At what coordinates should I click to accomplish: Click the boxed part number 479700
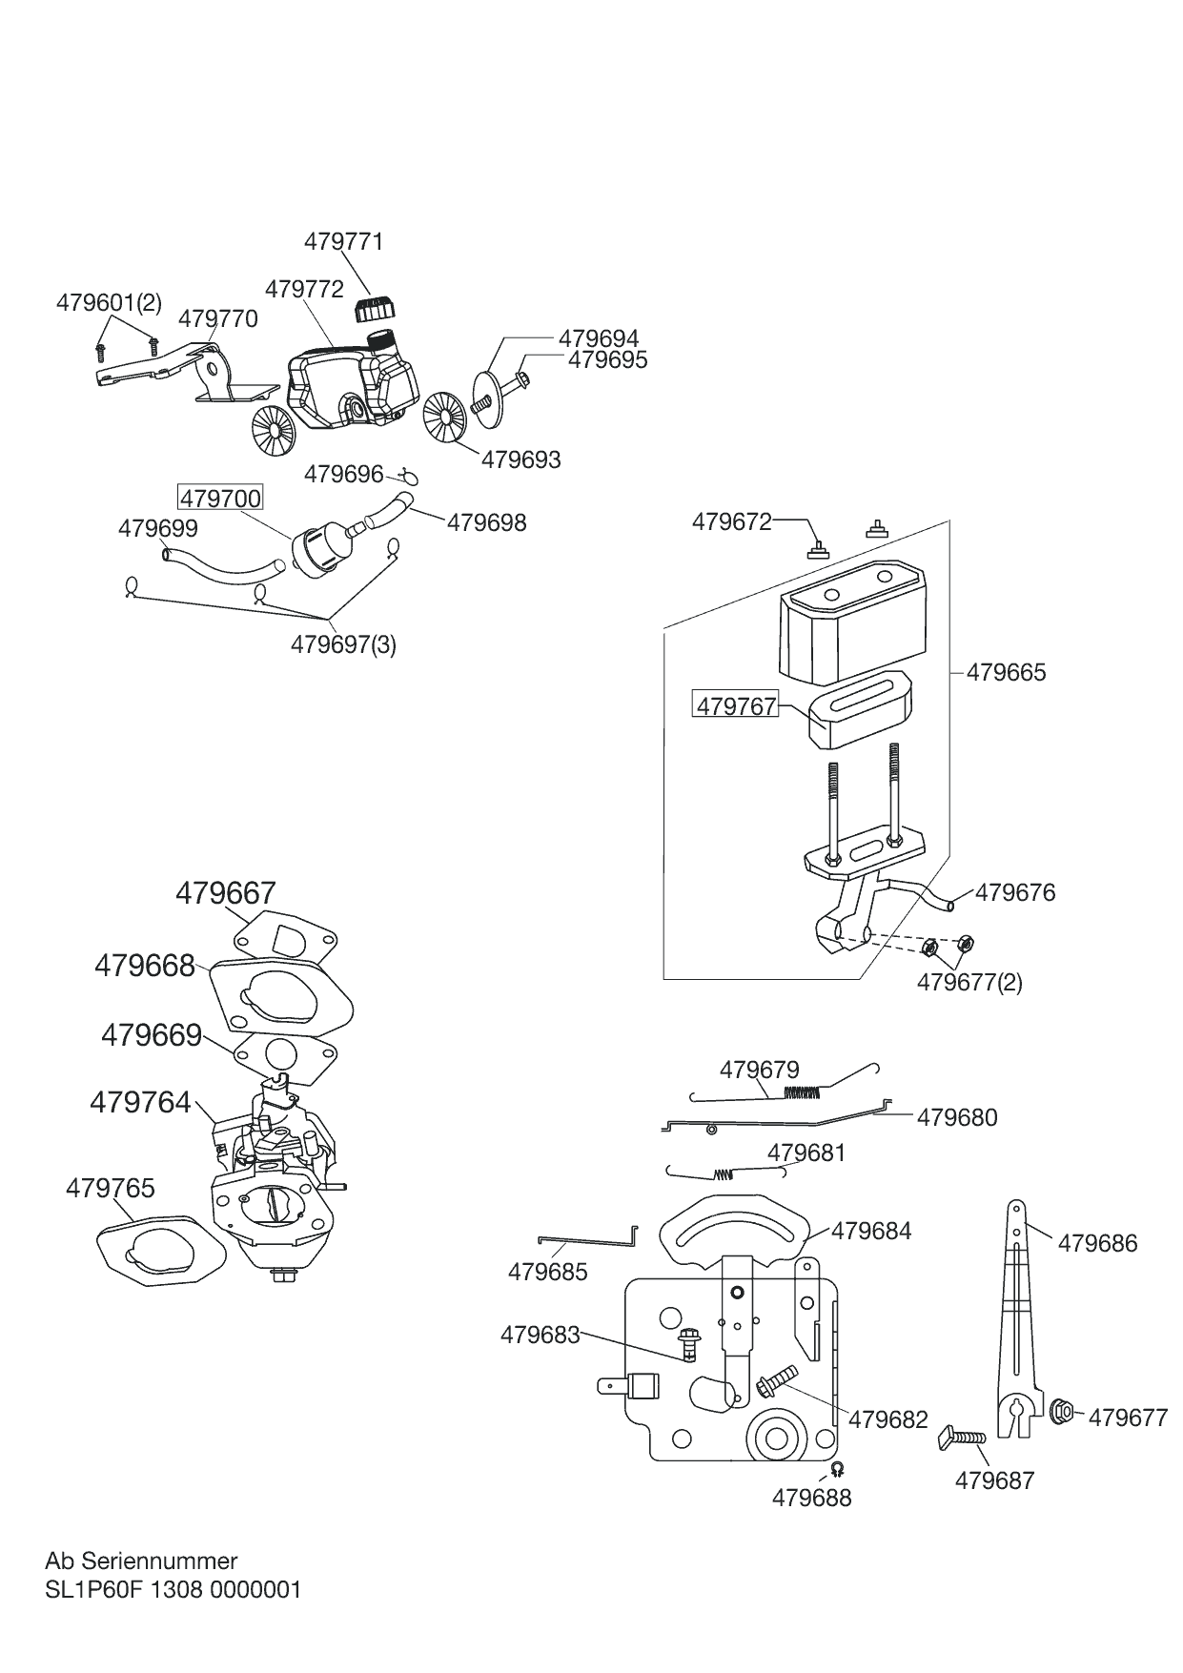point(220,499)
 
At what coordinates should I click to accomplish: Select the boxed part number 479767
point(736,706)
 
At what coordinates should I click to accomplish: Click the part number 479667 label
point(226,893)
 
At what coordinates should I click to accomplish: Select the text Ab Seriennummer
point(141,1561)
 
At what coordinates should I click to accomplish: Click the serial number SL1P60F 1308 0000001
point(173,1590)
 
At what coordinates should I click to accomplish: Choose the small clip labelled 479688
point(837,1468)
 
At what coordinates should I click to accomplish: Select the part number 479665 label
point(1006,672)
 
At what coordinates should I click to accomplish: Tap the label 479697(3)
point(343,644)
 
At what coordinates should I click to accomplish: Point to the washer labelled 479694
point(488,389)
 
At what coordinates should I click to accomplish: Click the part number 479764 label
point(141,1102)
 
